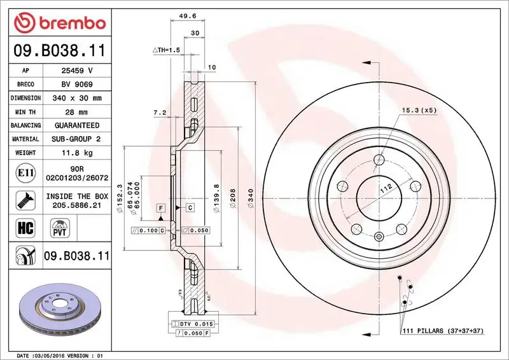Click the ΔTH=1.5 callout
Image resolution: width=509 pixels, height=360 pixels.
[167, 49]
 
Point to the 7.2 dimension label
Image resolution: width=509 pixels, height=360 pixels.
[160, 113]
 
